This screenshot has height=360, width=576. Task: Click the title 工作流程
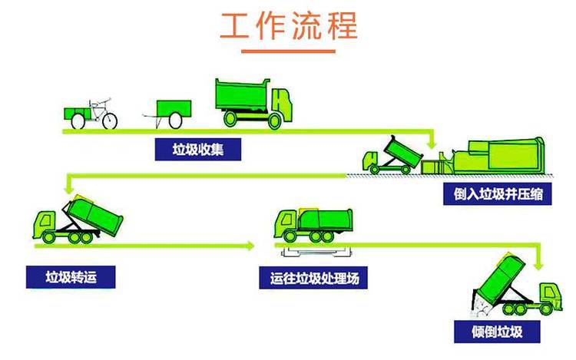[x=289, y=25]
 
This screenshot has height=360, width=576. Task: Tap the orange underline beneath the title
[x=288, y=51]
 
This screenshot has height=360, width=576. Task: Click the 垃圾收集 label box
[x=198, y=150]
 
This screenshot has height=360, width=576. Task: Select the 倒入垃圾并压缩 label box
[x=498, y=193]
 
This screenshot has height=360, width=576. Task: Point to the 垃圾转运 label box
[x=71, y=277]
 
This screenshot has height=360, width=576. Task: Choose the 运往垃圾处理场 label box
[x=313, y=278]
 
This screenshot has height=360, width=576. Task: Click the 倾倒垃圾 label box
[x=497, y=332]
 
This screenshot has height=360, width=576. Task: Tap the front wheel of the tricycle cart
[x=110, y=121]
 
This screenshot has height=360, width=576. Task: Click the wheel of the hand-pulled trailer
[x=175, y=121]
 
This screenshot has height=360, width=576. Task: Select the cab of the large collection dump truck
[x=282, y=104]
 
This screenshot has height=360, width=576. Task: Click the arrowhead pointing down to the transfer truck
[x=68, y=189]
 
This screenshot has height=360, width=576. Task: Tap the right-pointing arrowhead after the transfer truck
[x=250, y=246]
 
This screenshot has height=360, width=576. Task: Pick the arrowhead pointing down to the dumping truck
[x=538, y=266]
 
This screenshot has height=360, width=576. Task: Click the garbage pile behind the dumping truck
[x=481, y=308]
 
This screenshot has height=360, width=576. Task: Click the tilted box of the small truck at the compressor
[x=403, y=151]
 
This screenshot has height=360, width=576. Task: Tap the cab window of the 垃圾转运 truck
[x=46, y=221]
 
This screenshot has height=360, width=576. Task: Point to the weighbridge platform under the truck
[x=316, y=252]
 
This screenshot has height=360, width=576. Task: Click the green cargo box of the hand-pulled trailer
[x=174, y=109]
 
